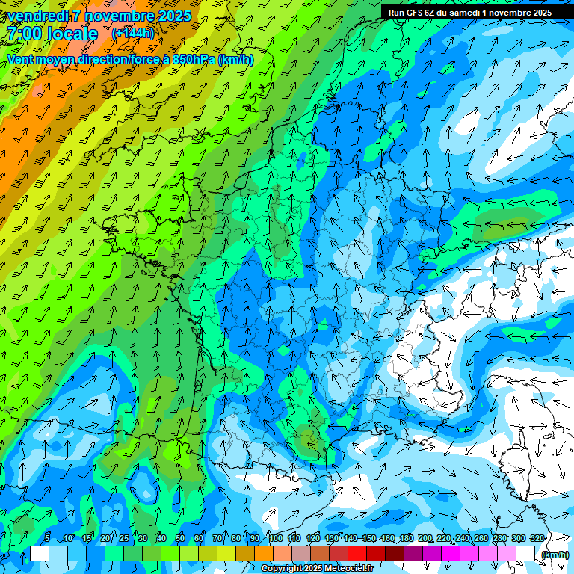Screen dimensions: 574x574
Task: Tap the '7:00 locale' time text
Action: point(51,34)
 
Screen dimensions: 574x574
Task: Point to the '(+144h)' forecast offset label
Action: point(132,34)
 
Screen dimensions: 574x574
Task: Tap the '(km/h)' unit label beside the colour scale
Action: point(554,555)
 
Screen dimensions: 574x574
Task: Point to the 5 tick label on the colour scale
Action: point(47,538)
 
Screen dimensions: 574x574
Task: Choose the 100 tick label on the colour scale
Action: point(276,538)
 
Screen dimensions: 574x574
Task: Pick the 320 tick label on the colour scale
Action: point(537,538)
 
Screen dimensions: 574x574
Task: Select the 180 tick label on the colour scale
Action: point(406,538)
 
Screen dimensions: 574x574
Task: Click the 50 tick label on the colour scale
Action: point(179,538)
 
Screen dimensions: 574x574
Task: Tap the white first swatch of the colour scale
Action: point(40,554)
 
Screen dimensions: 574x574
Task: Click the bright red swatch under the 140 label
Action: point(357,554)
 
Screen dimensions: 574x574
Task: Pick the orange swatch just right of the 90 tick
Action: point(264,554)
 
